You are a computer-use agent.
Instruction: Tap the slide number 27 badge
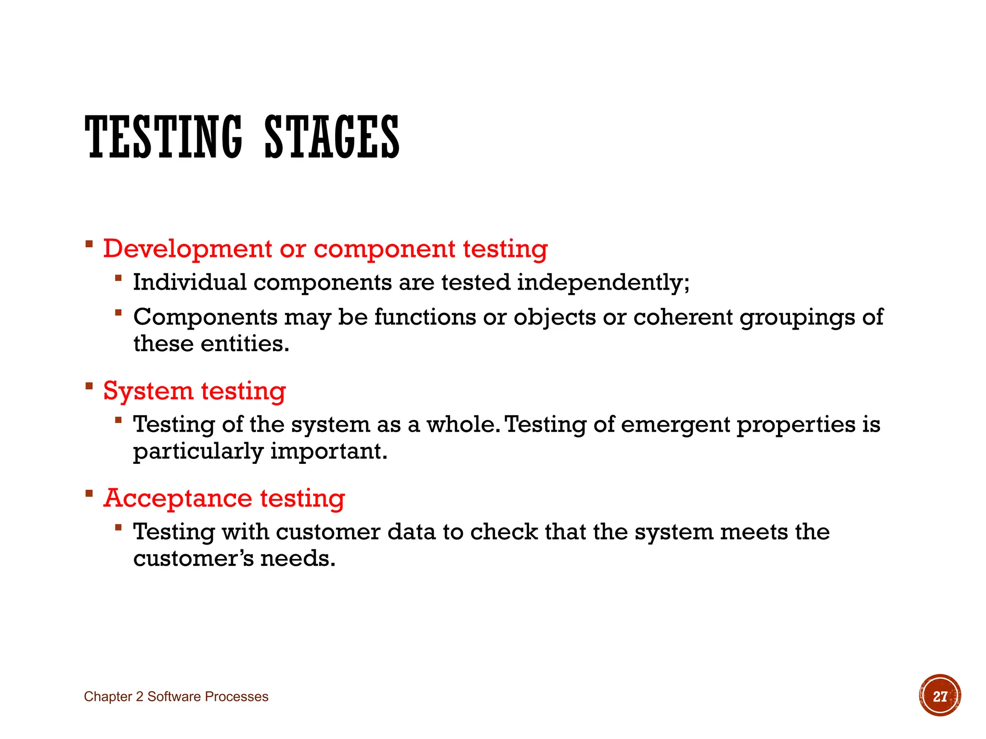(x=940, y=696)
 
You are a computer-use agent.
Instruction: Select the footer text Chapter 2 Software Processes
(x=176, y=697)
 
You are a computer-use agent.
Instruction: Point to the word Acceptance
(x=177, y=498)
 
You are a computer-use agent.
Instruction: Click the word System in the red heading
(x=147, y=391)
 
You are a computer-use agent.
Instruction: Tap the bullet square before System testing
(x=89, y=386)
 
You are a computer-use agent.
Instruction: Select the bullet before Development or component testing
(x=89, y=244)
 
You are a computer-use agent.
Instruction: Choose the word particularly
(x=198, y=452)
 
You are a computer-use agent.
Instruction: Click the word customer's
(x=193, y=559)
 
